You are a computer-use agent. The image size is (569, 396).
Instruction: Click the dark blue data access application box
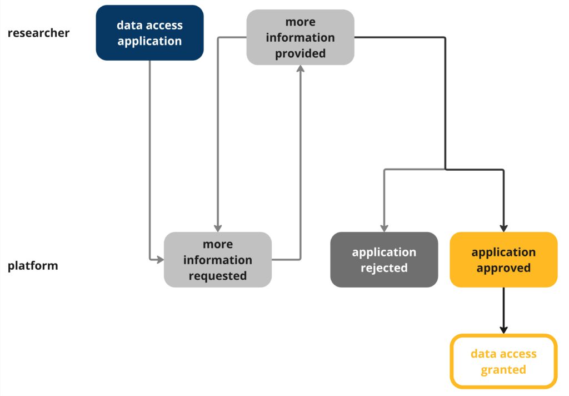click(x=149, y=33)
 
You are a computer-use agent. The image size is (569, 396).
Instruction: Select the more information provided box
click(x=300, y=37)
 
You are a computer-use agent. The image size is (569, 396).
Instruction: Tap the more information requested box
click(x=218, y=260)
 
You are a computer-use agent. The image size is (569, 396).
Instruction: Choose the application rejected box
click(x=384, y=260)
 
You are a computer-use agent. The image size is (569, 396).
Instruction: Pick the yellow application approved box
click(x=503, y=260)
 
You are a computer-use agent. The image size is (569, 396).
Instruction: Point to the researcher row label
click(x=38, y=33)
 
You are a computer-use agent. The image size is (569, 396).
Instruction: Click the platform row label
click(x=33, y=265)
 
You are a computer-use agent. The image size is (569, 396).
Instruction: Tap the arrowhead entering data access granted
click(x=503, y=329)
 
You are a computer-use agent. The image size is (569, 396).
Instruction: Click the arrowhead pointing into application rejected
click(x=384, y=228)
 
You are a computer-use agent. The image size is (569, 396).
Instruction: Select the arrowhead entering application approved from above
click(x=503, y=228)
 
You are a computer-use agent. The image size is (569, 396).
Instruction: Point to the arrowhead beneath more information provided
click(x=300, y=69)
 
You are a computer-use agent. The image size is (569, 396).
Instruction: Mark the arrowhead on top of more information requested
click(x=218, y=228)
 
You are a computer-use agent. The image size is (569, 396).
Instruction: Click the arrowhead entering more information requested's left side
click(x=160, y=259)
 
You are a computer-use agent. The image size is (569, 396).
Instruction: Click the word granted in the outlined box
click(x=503, y=370)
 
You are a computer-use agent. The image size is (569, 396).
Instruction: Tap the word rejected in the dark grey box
click(x=384, y=268)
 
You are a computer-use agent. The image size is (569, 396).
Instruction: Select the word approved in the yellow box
click(x=503, y=268)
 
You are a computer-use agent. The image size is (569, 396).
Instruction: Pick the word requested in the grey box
click(x=218, y=276)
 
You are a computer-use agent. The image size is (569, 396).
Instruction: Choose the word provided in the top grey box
click(x=300, y=54)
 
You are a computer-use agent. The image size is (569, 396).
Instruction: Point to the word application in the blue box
click(x=149, y=41)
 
